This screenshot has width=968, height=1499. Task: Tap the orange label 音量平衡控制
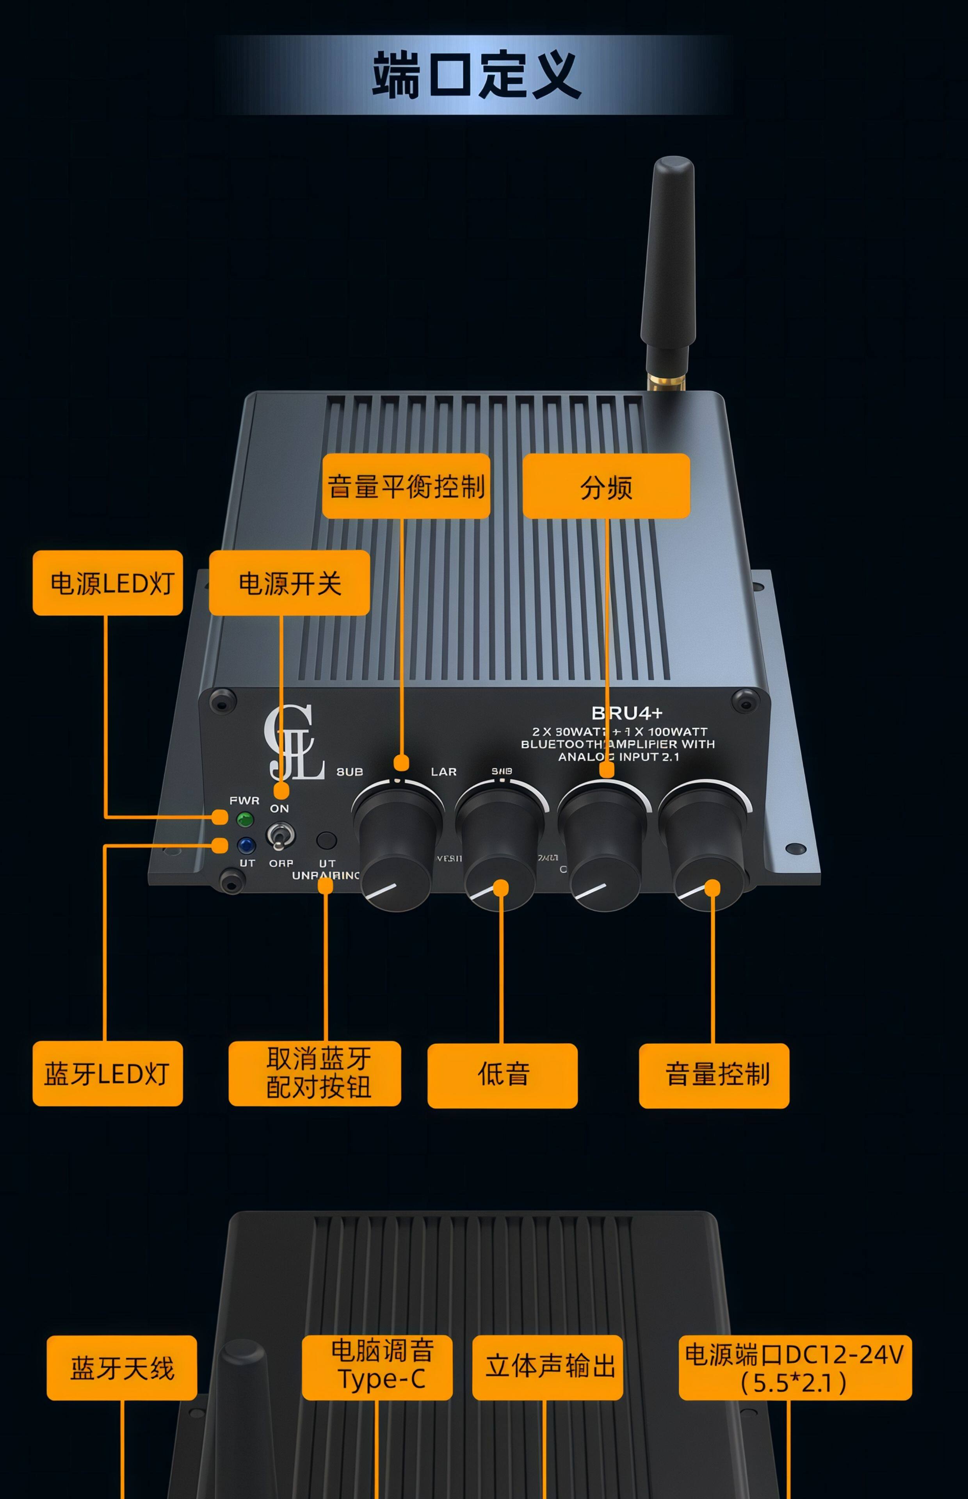406,486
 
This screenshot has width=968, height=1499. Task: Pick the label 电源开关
289,583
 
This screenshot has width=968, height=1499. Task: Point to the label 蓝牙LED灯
107,1074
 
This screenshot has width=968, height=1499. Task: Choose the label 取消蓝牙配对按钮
315,1074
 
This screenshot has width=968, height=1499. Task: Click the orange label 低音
502,1075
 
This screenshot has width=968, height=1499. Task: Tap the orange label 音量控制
714,1075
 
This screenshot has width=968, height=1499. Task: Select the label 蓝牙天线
122,1367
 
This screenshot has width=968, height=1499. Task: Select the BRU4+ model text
627,713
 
